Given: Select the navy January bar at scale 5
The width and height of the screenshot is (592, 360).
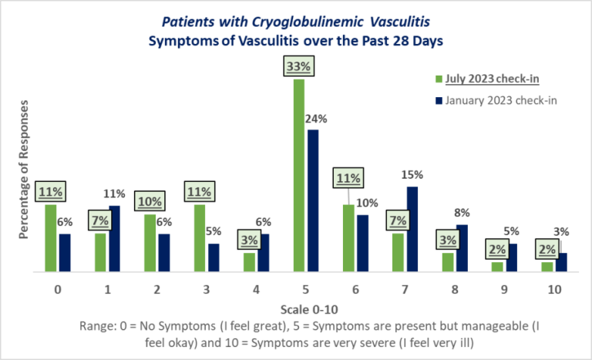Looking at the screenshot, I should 313,201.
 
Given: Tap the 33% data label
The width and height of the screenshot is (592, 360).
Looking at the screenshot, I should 299,67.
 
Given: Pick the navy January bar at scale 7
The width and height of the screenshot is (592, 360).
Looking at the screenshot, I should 412,230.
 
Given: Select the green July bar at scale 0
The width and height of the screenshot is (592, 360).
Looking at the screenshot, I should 51,238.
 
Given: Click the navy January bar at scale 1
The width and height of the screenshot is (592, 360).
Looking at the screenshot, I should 115,239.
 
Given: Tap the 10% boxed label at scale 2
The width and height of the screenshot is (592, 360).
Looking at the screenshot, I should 150,202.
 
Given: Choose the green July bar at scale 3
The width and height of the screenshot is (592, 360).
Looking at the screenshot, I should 200,238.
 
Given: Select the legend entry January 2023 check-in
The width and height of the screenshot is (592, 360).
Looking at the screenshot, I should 493,100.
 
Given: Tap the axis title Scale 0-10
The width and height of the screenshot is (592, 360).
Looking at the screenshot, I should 306,309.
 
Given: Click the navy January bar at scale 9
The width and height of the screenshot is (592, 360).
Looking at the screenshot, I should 512,258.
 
